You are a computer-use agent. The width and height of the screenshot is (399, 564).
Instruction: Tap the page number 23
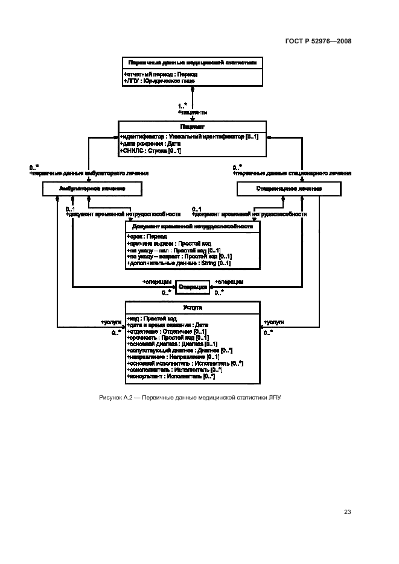pyautogui.click(x=347, y=512)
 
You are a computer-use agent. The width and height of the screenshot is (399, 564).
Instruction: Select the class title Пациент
pyautogui.click(x=192, y=127)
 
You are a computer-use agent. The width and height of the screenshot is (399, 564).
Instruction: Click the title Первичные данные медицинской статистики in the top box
pyautogui.click(x=192, y=62)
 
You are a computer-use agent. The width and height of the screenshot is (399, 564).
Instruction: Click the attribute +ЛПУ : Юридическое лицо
pyautogui.click(x=160, y=80)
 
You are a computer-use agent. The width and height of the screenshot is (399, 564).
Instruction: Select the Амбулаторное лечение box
pyautogui.click(x=92, y=189)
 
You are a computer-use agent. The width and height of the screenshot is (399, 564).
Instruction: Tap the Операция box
pyautogui.click(x=193, y=287)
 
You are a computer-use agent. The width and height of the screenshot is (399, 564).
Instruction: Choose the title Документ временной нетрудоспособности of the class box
pyautogui.click(x=192, y=227)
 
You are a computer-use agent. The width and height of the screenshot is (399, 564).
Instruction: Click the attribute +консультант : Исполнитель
pyautogui.click(x=171, y=377)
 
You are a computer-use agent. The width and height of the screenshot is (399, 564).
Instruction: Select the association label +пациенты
pyautogui.click(x=193, y=112)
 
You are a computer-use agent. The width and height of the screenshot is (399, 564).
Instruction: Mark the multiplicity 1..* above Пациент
pyautogui.click(x=182, y=106)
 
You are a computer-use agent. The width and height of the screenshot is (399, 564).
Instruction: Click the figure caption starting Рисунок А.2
pyautogui.click(x=191, y=398)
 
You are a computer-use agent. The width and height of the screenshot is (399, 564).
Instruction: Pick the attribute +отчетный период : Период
pyautogui.click(x=160, y=74)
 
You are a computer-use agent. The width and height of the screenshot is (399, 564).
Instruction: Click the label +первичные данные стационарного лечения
pyautogui.click(x=292, y=173)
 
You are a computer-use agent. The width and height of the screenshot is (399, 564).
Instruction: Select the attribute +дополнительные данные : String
pyautogui.click(x=178, y=263)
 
